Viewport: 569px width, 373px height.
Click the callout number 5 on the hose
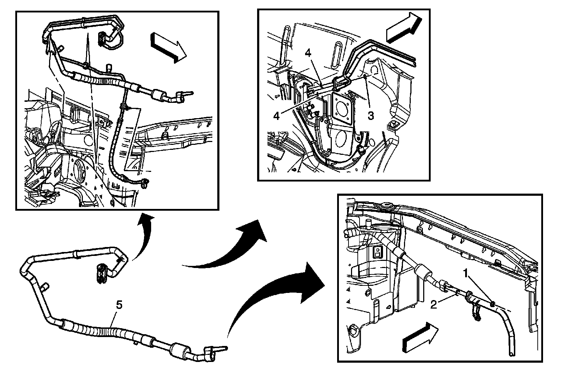pos(119,305)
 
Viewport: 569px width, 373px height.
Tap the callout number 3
pos(371,116)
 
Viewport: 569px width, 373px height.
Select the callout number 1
pos(466,273)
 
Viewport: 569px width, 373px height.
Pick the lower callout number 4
pos(277,116)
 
